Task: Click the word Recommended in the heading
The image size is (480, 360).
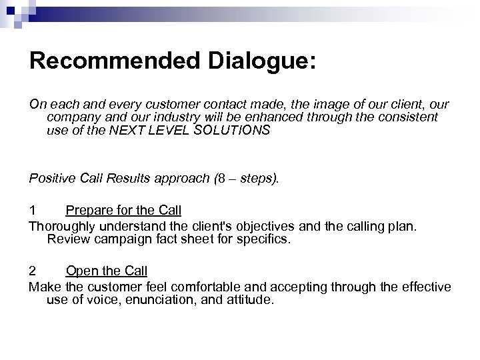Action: click(109, 61)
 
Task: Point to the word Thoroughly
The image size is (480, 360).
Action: click(64, 226)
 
